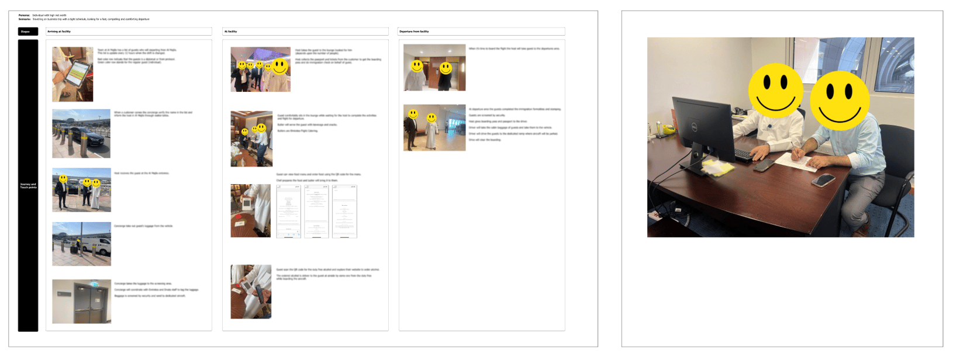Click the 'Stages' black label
(27, 32)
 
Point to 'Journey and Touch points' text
(28, 186)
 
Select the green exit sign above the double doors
(94, 285)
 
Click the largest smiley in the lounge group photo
(280, 65)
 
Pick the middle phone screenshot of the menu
(316, 211)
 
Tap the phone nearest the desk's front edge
(823, 181)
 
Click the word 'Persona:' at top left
(24, 15)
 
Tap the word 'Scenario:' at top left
(25, 19)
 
